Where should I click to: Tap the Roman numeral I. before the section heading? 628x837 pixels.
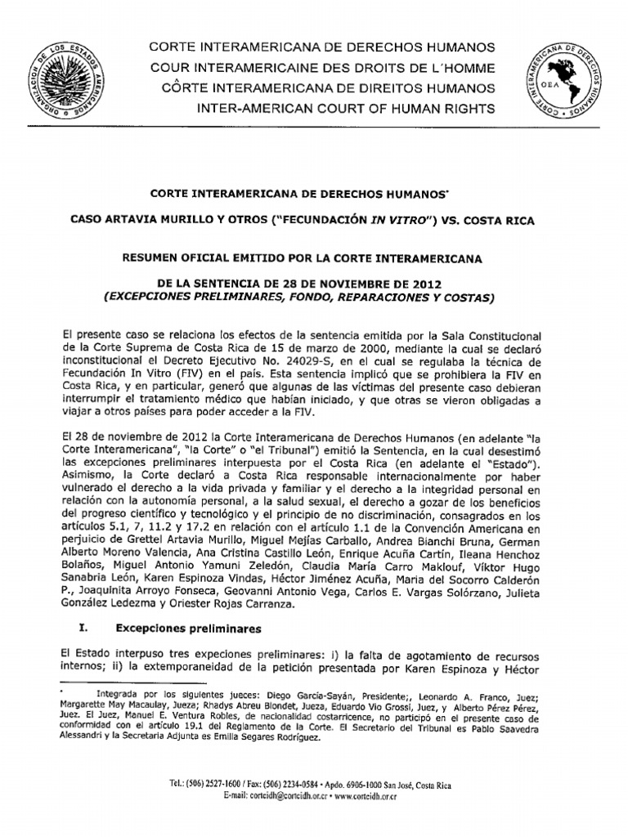pyautogui.click(x=66, y=629)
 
